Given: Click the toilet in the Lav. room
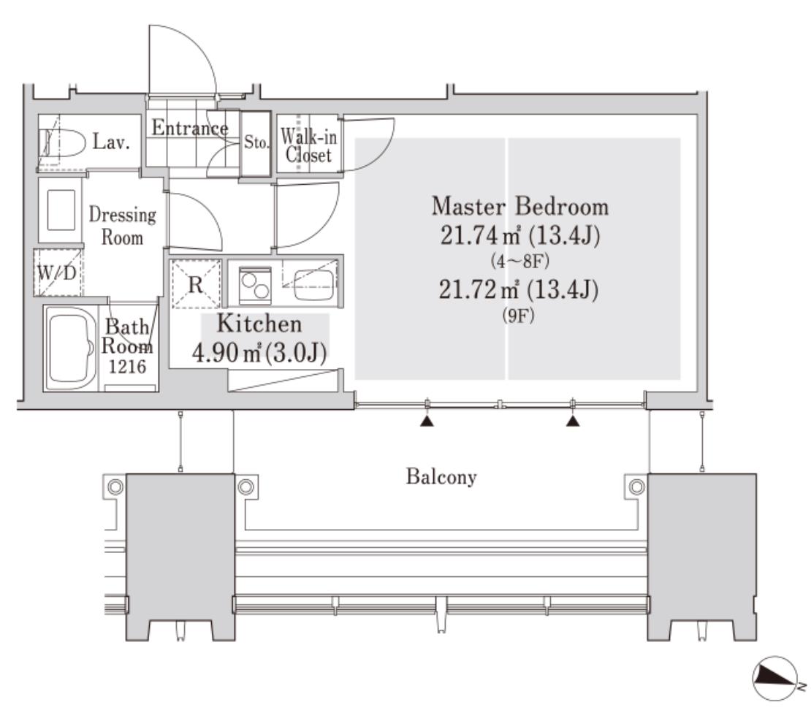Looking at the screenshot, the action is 62,142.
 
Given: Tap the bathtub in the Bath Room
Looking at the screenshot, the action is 70,348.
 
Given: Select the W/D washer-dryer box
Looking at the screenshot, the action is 58,272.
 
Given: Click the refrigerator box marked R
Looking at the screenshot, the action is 196,284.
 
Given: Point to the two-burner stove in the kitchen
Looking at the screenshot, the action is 255,284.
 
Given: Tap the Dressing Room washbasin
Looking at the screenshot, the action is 61,210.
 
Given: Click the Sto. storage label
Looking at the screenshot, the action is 256,142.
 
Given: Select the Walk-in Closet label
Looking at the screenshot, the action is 309,146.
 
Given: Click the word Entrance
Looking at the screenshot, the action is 190,128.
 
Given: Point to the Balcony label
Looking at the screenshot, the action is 441,477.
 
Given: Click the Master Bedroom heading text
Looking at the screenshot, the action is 519,206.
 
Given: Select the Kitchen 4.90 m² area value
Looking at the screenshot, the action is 226,354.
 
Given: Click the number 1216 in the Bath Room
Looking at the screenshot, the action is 127,367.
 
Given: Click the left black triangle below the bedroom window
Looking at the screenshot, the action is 427,422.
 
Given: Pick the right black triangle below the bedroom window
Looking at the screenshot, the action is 573,422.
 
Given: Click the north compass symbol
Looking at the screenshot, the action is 774,679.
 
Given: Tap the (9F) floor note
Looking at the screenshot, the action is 518,316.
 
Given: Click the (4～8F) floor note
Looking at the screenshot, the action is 519,261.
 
